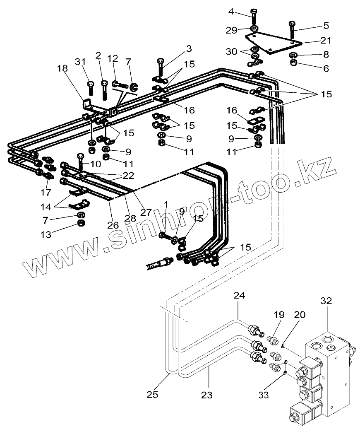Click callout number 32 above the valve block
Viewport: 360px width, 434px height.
point(326,301)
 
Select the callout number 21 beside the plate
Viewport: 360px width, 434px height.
point(326,40)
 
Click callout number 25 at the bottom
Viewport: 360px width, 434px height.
point(152,394)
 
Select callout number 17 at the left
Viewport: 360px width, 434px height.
point(45,192)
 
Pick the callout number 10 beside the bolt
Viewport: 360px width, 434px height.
point(95,164)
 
